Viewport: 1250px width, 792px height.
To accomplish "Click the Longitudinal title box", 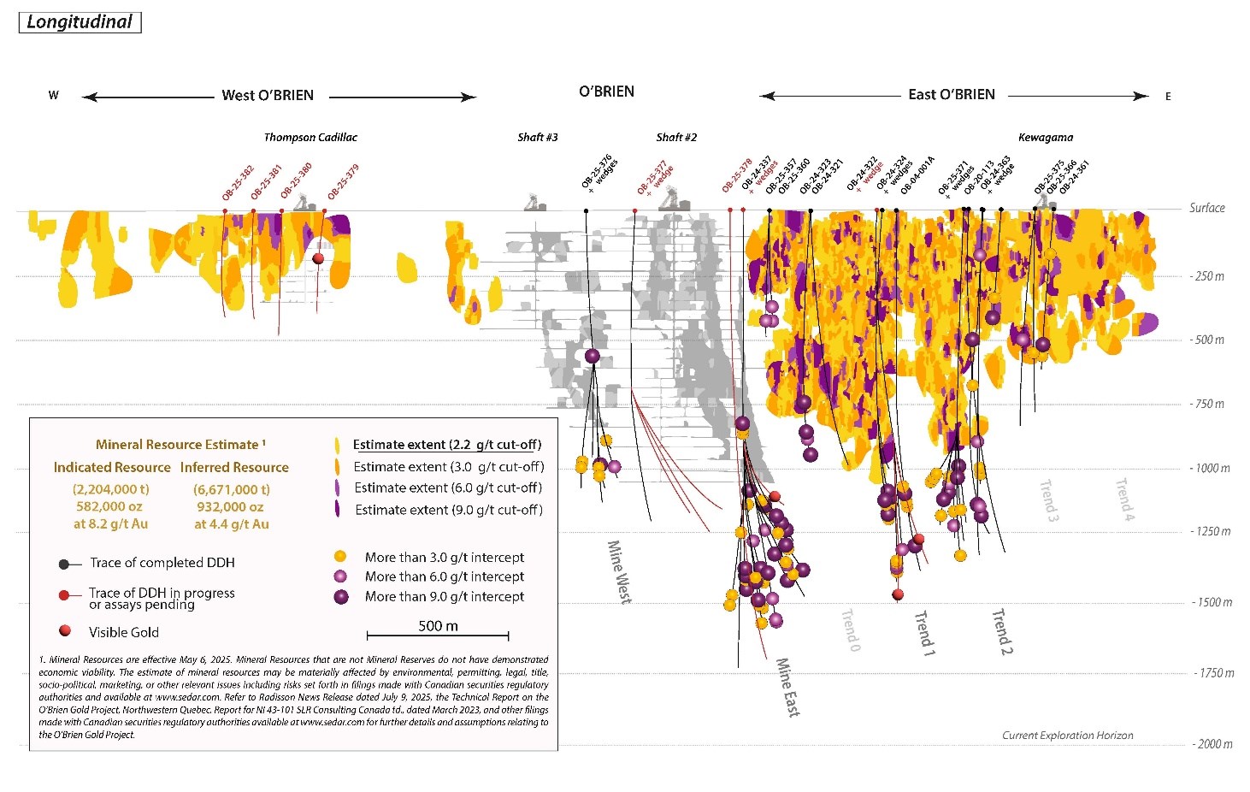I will click(80, 22).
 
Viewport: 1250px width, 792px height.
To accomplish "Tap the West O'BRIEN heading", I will click(268, 96).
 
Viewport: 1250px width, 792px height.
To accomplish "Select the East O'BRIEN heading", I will click(952, 95).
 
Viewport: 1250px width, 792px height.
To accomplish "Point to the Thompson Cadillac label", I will click(310, 138).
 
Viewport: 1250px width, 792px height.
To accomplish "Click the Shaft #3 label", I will click(538, 138).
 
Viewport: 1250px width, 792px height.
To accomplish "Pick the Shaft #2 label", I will click(676, 138).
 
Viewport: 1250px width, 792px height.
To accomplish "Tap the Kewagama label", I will click(1045, 138).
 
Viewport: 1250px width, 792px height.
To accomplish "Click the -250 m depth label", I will click(1207, 276).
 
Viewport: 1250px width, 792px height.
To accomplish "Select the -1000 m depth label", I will click(1210, 469).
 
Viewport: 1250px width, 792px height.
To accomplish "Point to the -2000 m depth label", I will click(1212, 744).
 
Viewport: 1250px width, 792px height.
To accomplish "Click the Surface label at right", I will click(1206, 208).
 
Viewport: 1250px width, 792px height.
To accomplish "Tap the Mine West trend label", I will click(619, 571).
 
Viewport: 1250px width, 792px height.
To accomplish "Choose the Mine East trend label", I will click(787, 687).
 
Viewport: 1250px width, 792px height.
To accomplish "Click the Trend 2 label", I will click(1001, 632).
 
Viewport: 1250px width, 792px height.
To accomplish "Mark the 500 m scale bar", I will click(438, 635).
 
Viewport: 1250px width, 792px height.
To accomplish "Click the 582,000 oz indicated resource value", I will click(109, 506).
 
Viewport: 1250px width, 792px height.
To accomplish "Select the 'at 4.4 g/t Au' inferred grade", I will click(232, 524).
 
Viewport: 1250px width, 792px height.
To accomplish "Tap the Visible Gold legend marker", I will click(65, 631).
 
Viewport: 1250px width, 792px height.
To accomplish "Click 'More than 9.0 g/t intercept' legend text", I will click(445, 597).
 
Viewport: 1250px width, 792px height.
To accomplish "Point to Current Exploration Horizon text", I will click(1067, 736).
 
